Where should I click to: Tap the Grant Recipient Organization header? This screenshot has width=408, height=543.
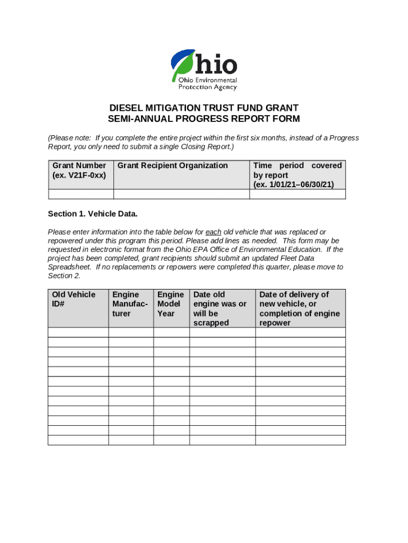tap(173, 165)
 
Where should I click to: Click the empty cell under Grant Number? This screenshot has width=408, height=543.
tap(81, 194)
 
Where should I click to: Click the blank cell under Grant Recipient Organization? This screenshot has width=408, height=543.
tap(182, 194)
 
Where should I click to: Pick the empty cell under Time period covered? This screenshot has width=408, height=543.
tap(297, 194)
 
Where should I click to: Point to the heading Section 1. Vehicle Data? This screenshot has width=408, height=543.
tap(93, 214)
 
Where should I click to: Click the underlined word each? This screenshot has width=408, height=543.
tap(213, 232)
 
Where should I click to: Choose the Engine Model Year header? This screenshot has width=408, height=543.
tap(171, 304)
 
